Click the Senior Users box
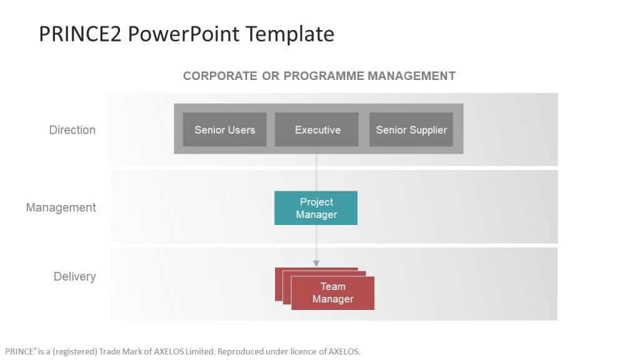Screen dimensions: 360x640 (x=224, y=130)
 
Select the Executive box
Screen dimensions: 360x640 (x=317, y=130)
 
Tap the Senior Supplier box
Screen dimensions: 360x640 (x=411, y=130)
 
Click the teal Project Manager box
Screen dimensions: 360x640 (x=316, y=208)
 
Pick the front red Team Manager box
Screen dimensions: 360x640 (x=332, y=293)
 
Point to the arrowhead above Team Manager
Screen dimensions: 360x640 (x=316, y=263)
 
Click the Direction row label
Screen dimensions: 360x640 (x=72, y=130)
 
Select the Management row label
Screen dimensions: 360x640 (x=61, y=207)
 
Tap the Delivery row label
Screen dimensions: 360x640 (x=74, y=276)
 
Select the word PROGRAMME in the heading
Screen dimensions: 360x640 (x=324, y=76)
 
